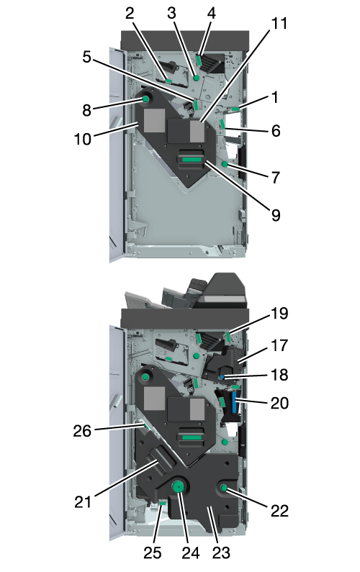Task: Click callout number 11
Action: coord(279,23)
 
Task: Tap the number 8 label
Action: coord(86,110)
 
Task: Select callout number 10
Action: coord(83,139)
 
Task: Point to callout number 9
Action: coord(276,215)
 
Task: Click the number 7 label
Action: coord(276,178)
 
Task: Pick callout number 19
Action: coord(279,314)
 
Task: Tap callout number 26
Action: coord(82,431)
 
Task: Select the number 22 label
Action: coord(279,511)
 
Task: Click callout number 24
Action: coord(191,553)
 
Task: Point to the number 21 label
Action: coord(83,502)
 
